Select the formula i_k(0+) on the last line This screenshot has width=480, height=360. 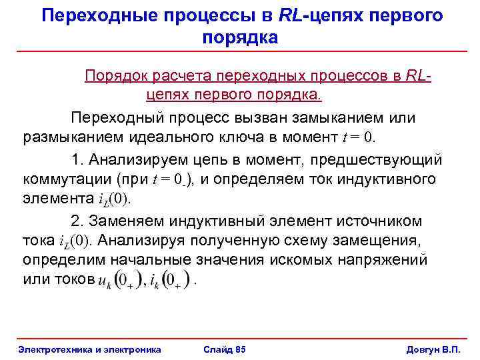pyautogui.click(x=170, y=281)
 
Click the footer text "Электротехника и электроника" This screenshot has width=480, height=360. pyautogui.click(x=89, y=349)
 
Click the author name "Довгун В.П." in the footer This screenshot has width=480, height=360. pyautogui.click(x=433, y=349)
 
